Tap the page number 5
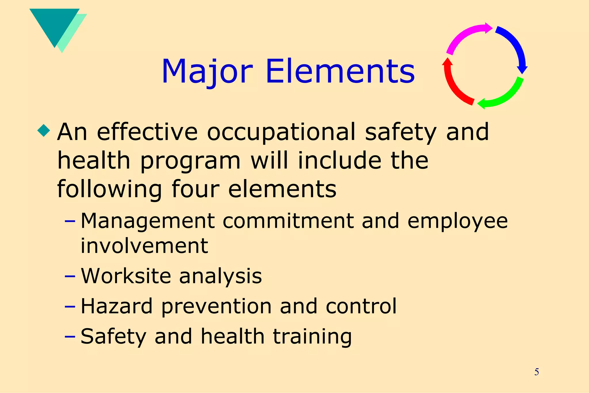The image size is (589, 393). (x=536, y=372)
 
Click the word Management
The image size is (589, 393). (x=148, y=221)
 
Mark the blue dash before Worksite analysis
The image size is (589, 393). (x=70, y=276)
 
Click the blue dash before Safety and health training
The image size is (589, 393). (x=70, y=336)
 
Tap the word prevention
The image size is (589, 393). (x=216, y=306)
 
